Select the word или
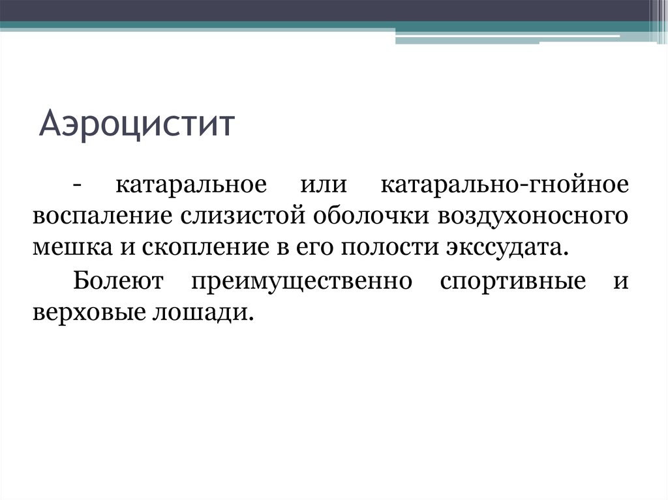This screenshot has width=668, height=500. [x=322, y=184]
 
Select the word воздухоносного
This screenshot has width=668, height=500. [x=534, y=216]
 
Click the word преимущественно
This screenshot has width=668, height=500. [x=301, y=282]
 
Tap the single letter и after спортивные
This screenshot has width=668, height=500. [x=620, y=283]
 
